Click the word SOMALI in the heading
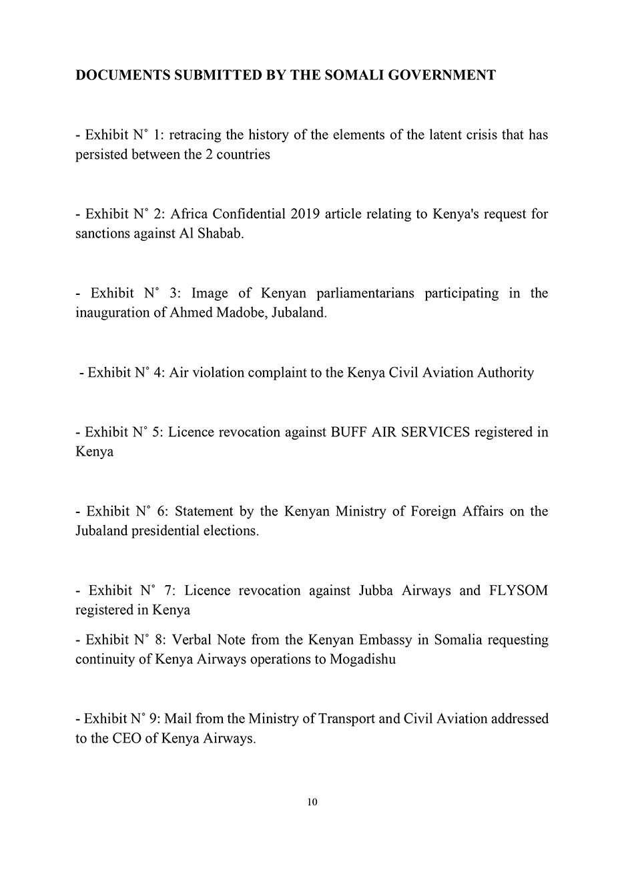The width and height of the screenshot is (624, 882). point(353,75)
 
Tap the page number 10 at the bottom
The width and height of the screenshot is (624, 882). point(312,802)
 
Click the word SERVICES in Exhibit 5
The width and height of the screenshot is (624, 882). point(436,432)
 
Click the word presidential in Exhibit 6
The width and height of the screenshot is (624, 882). point(166,532)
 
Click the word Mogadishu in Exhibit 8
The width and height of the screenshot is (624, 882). point(363,660)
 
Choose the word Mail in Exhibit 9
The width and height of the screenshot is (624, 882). point(178,719)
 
